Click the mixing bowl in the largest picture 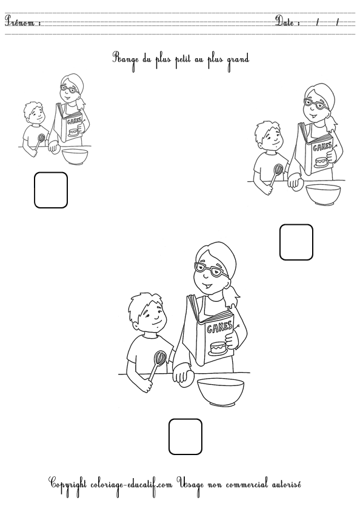tap(221, 392)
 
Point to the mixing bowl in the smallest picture tap(75, 156)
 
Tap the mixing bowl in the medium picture tap(323, 195)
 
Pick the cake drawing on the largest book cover tap(218, 348)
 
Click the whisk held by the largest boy tap(158, 365)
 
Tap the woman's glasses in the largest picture tap(210, 270)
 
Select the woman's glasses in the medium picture tap(316, 104)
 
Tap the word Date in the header tap(285, 21)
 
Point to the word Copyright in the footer tap(67, 485)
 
